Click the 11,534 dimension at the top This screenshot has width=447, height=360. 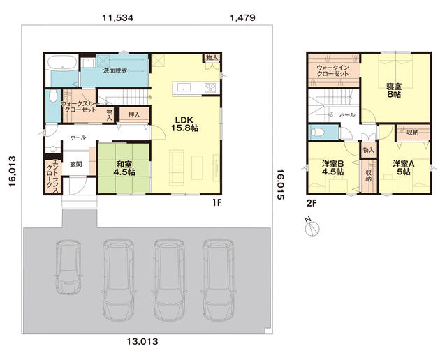click(118, 18)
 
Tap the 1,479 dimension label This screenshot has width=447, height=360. click(242, 18)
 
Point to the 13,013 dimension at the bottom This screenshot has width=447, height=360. click(142, 341)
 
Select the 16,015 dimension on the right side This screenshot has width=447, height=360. click(280, 184)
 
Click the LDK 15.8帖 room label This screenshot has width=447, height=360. click(184, 124)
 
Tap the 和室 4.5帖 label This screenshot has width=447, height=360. click(124, 168)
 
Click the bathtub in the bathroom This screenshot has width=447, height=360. click(62, 62)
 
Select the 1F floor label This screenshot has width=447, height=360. click(217, 202)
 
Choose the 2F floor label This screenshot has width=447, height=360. click(312, 203)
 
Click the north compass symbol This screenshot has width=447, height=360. click(312, 227)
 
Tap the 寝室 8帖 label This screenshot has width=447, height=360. click(394, 90)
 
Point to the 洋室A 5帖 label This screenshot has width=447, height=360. click(403, 167)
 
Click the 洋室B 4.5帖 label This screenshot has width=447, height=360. click(332, 167)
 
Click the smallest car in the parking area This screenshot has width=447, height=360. click(68, 267)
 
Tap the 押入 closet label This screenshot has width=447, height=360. click(134, 114)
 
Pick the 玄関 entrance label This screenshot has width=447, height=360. click(76, 164)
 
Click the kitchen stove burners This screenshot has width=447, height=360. click(211, 87)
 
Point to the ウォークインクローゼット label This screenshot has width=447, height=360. click(332, 70)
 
